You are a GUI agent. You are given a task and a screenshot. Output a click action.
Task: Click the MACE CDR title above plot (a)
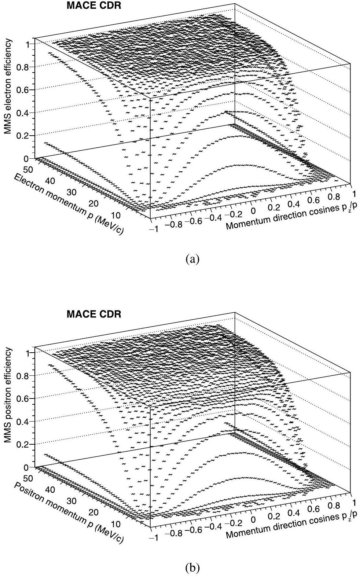coord(93,6)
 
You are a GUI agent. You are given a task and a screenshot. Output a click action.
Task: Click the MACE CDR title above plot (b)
coord(93,315)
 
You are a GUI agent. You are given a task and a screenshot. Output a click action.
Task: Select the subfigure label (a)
coord(193,259)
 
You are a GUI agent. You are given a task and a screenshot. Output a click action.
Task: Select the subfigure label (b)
coord(193,568)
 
